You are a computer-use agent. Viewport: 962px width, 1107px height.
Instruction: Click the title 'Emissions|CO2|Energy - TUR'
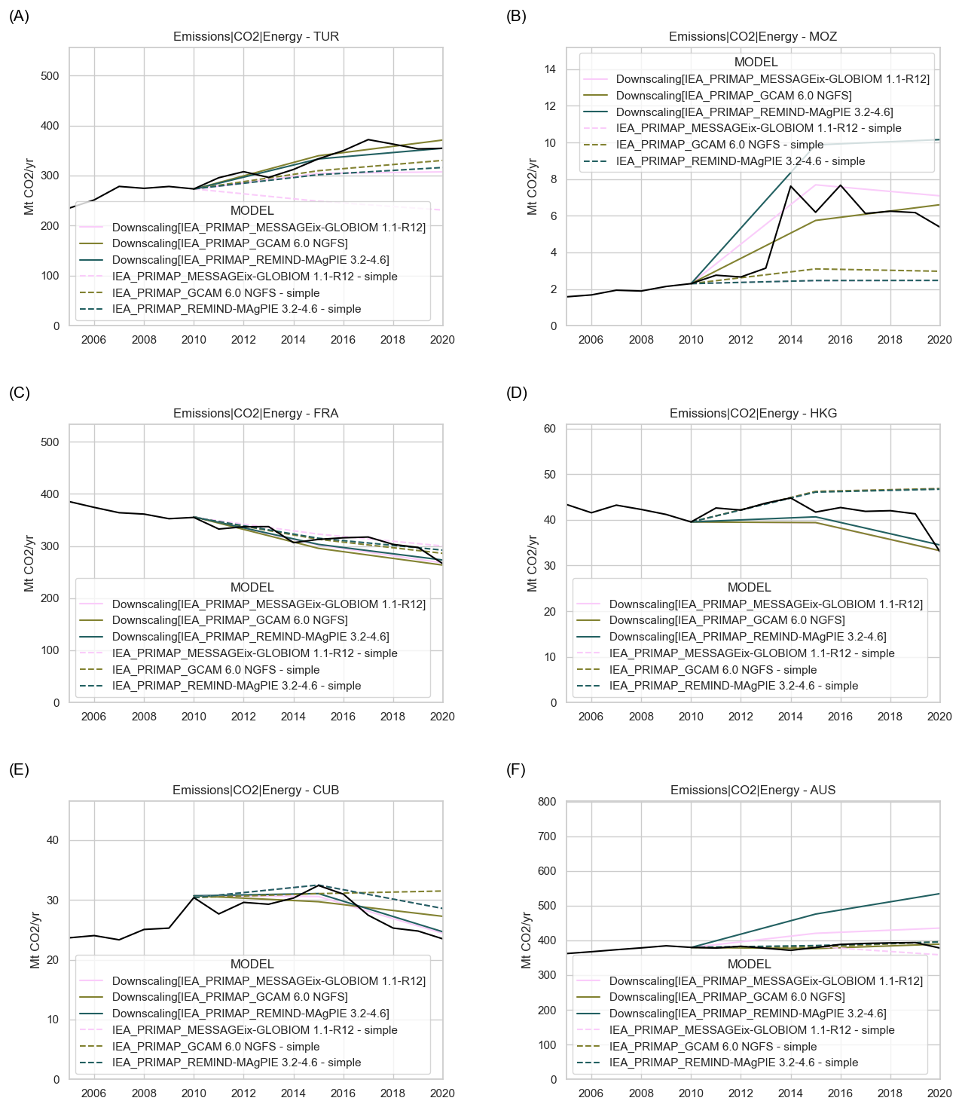point(255,36)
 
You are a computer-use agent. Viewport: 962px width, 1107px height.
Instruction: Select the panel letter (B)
point(517,16)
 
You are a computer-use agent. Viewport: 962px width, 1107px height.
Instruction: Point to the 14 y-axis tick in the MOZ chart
point(550,69)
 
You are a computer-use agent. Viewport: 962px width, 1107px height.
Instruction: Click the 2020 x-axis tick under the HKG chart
point(939,717)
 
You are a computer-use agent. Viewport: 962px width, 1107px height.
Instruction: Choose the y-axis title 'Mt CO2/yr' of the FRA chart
point(29,564)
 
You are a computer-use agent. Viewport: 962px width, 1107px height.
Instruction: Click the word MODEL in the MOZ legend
point(756,63)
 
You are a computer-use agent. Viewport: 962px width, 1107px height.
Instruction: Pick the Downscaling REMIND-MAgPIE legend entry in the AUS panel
point(747,1014)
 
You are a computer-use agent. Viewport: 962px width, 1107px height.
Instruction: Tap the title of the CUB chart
point(255,790)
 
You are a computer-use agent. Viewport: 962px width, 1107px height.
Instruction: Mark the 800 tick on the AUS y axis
point(546,802)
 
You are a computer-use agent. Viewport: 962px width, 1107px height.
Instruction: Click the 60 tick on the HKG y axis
point(550,429)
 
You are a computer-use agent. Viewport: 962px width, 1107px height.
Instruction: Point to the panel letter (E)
point(19,769)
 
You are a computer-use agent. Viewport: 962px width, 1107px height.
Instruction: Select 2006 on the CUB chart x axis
point(93,1093)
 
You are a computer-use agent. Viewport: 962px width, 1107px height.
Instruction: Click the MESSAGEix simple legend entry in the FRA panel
point(255,653)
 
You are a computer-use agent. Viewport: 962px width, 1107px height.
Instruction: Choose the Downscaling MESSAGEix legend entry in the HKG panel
point(765,604)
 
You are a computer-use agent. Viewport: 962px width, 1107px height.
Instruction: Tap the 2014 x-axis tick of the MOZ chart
point(790,340)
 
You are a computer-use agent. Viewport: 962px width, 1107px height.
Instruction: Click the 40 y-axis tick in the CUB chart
point(53,840)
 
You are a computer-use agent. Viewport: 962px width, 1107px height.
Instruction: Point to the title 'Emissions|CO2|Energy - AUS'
point(753,790)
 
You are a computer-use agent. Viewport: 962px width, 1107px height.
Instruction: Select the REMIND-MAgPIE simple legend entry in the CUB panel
point(237,1063)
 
